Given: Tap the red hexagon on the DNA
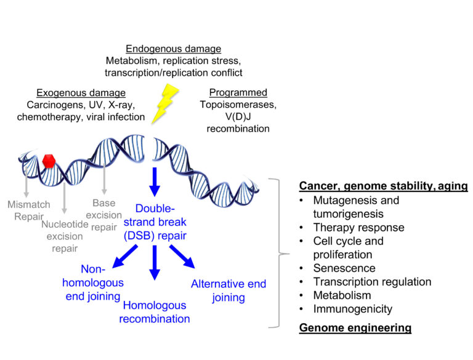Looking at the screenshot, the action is (49, 161).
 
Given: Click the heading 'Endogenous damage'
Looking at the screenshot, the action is (174, 49).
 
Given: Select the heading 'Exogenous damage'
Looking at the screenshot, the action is (81, 93).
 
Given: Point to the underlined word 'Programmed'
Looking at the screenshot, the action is (238, 92).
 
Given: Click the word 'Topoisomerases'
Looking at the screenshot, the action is (238, 105).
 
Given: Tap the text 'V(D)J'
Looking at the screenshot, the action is (238, 116).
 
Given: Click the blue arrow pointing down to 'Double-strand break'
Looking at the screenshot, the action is (155, 182).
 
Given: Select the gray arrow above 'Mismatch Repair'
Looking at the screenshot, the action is (26, 181).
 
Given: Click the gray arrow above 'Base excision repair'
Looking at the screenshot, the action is (104, 179).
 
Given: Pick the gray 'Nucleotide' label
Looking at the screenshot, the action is (65, 225).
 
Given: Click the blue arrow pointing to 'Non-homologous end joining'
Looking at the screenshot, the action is (125, 256).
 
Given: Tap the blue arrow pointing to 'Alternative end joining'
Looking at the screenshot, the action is (182, 256).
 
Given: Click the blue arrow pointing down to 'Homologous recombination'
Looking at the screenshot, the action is (155, 263).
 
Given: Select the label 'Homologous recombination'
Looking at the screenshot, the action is (155, 312).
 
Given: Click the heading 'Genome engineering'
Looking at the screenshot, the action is (355, 328).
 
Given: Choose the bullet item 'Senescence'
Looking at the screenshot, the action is (344, 268).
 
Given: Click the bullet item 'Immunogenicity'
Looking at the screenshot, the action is (353, 309).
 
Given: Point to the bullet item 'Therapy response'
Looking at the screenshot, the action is (358, 227).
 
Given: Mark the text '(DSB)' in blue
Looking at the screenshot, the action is (139, 236).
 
